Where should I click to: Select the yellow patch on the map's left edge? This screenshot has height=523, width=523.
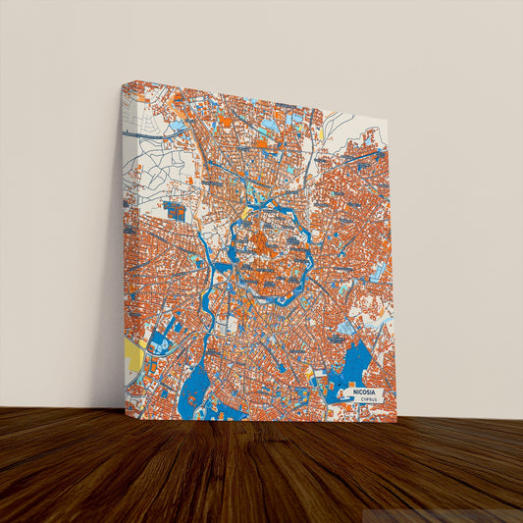click(x=134, y=357)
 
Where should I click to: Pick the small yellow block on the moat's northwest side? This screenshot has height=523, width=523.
click(x=244, y=213)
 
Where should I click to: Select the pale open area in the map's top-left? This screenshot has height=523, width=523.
click(x=147, y=147)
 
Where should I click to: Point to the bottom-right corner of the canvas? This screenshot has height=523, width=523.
click(x=397, y=422)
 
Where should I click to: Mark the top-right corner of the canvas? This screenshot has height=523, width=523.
click(x=388, y=122)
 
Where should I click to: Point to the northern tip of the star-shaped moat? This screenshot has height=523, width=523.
click(x=267, y=196)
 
